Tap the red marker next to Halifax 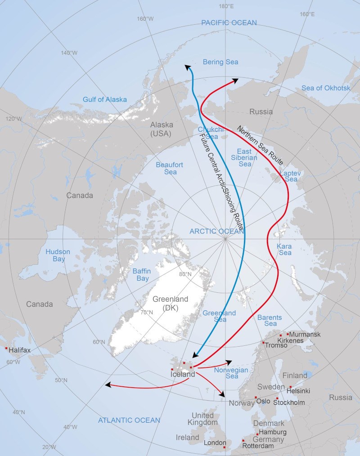click(6, 349)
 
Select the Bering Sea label click(220, 62)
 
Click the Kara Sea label click(284, 250)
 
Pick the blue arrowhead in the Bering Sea click(188, 67)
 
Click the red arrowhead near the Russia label click(235, 81)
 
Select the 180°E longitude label click(226, 6)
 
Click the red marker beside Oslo click(256, 398)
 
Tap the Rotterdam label click(258, 446)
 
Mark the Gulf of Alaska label click(104, 99)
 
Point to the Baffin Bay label click(140, 275)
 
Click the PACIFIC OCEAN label click(229, 22)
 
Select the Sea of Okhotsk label click(326, 88)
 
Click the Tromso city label click(276, 345)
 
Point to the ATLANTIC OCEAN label click(129, 420)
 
